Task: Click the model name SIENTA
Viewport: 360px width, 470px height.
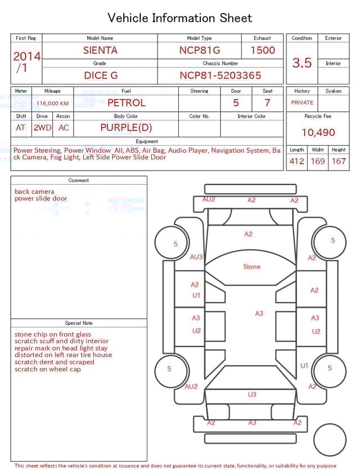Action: point(100,50)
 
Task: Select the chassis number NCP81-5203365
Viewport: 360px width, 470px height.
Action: point(220,75)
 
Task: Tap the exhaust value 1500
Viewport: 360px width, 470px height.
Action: point(263,50)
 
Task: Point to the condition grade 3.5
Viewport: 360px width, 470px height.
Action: point(301,63)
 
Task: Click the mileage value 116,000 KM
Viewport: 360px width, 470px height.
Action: point(52,104)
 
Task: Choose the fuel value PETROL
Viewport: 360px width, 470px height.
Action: point(126,102)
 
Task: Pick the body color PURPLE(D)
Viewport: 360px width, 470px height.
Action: point(126,128)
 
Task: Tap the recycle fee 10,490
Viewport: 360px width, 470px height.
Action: point(318,133)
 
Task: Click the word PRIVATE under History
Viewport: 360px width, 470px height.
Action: point(302,103)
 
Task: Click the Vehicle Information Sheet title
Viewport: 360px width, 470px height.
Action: point(180,18)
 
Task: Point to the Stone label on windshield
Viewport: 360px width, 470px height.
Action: point(251,266)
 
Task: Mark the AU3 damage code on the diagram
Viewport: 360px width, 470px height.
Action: point(196,257)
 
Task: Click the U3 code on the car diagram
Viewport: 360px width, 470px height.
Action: point(252,395)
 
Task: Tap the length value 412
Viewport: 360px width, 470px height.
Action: point(296,162)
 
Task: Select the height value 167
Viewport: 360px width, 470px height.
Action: point(338,162)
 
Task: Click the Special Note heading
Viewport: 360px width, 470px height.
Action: point(79,323)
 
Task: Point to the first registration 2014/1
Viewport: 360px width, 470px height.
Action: point(26,62)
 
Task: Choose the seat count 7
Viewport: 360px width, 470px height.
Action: point(267,102)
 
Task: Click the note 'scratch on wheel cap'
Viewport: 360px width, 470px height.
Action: point(48,369)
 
